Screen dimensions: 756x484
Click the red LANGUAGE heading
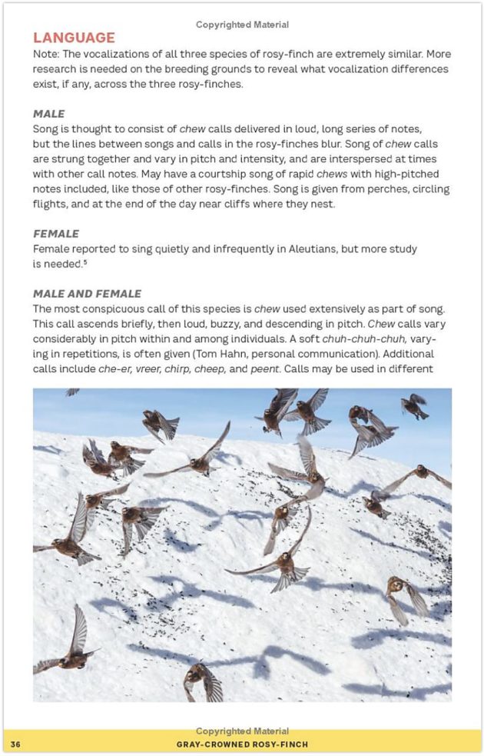point(74,38)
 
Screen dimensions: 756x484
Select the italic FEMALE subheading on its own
point(56,233)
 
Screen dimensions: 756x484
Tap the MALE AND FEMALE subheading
point(87,293)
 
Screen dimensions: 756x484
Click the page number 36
point(15,744)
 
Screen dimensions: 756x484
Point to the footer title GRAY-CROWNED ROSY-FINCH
point(241,744)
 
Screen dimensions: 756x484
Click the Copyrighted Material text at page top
point(242,25)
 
